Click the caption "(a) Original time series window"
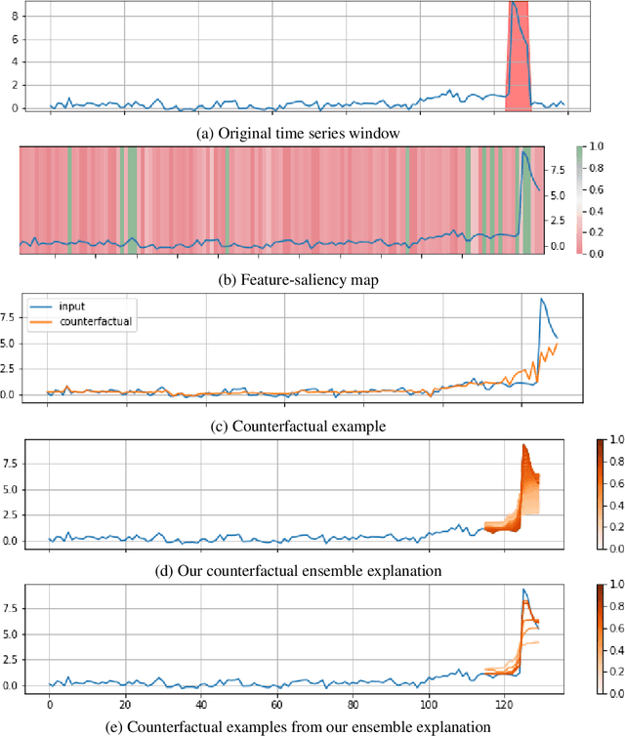tap(298, 131)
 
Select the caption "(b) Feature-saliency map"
tap(298, 279)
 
